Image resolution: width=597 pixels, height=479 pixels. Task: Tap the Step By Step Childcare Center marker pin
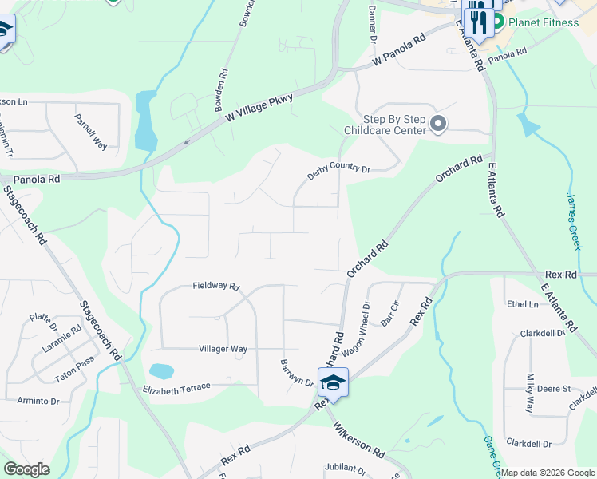437,124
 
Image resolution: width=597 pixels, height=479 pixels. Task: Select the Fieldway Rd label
215,286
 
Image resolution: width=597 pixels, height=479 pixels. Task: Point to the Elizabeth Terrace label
176,389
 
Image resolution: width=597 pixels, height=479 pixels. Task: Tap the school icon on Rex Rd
333,382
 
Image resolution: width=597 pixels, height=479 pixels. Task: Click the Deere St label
554,389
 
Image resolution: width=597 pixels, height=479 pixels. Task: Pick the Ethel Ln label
522,304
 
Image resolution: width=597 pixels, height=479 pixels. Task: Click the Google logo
26,469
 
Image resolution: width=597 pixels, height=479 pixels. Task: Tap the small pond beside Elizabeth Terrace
160,371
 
